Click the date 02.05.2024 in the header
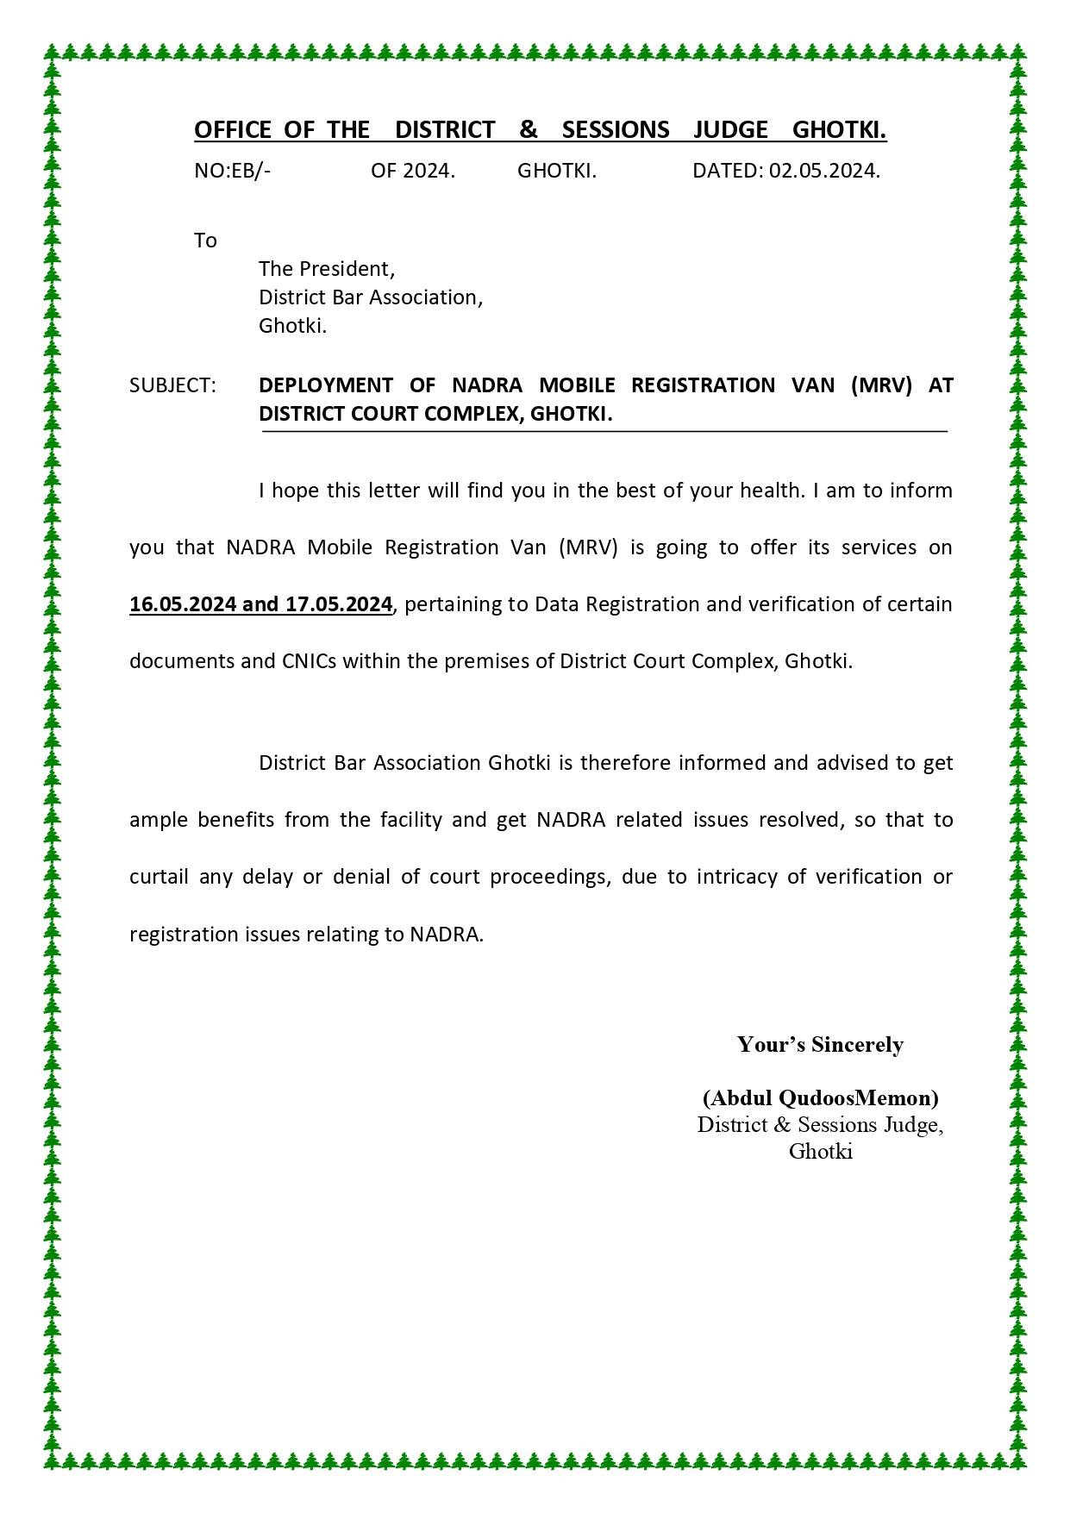tap(824, 171)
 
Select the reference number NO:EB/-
tap(232, 171)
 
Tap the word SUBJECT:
tap(172, 385)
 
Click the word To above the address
tap(205, 241)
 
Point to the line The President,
tap(327, 269)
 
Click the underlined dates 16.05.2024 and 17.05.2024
tap(260, 604)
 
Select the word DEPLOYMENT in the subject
tap(326, 385)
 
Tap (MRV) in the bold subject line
tap(881, 385)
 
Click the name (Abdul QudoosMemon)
tap(820, 1097)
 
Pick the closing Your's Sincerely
tap(820, 1045)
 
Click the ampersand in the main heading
tap(529, 130)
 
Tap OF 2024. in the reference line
tap(413, 171)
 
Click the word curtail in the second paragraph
tap(159, 877)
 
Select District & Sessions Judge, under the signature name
tap(820, 1125)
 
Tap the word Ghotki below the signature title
tap(820, 1152)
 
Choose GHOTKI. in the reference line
tap(557, 171)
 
